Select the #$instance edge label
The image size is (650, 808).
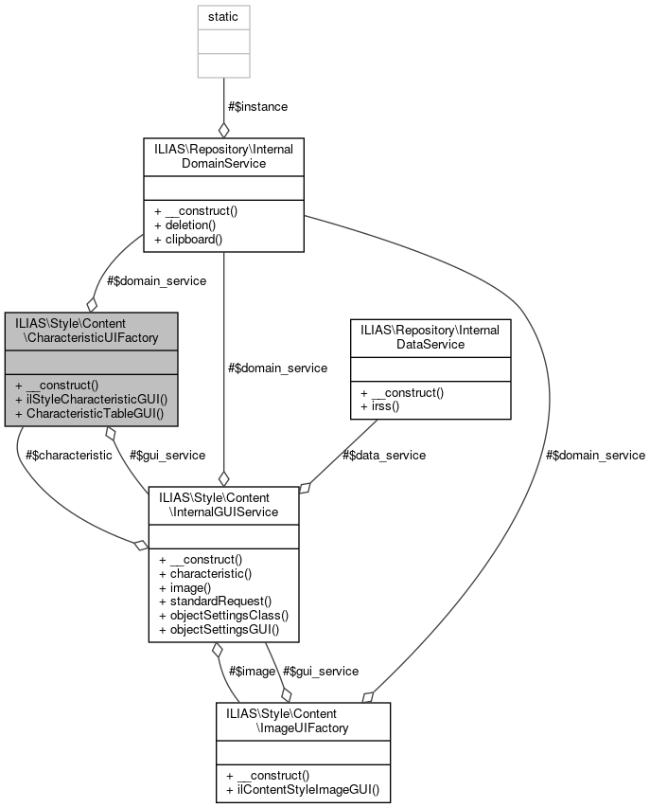click(x=257, y=107)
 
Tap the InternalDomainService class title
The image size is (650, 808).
click(x=223, y=156)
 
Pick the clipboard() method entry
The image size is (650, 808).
click(x=189, y=239)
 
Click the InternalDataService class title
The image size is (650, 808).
click(x=430, y=337)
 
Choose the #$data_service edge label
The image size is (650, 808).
click(x=382, y=455)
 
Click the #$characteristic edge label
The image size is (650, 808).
click(x=68, y=455)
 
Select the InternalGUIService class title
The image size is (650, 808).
click(x=223, y=503)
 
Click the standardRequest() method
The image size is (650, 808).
click(x=215, y=601)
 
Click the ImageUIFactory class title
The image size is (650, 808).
click(x=302, y=719)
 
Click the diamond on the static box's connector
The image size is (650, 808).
click(x=224, y=128)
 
